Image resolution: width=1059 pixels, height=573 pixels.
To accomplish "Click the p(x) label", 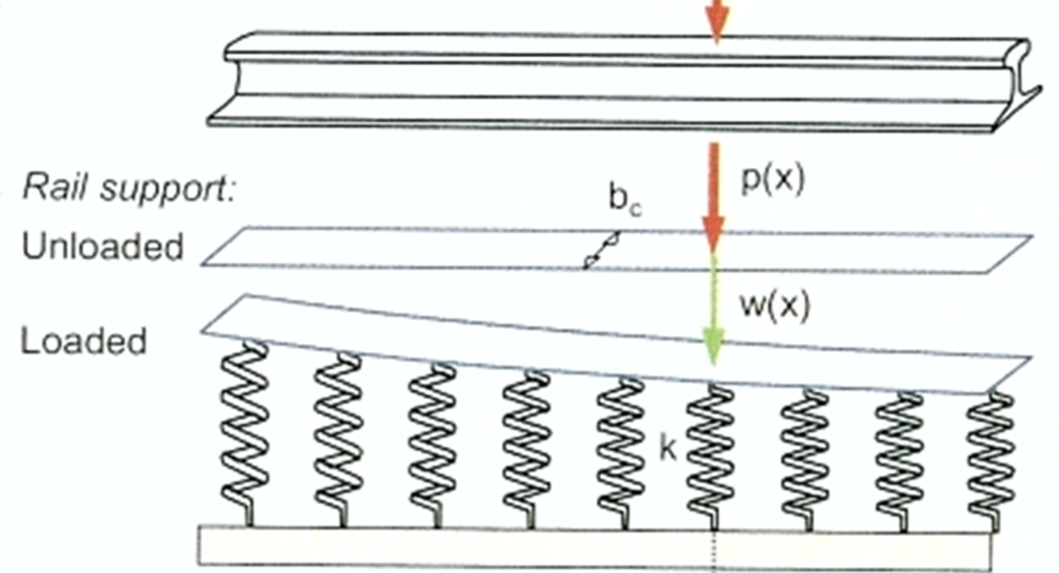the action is tap(772, 180).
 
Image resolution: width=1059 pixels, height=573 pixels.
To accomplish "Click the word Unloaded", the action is tap(103, 246).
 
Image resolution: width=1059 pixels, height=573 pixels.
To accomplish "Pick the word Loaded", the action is tap(83, 340).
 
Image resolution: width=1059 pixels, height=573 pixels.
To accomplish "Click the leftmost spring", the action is tap(245, 434).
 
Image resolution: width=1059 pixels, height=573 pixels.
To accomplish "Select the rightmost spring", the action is tap(990, 461).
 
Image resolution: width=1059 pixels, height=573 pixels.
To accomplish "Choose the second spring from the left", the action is tap(338, 440).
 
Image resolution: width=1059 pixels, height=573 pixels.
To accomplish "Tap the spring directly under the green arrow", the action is tap(711, 457).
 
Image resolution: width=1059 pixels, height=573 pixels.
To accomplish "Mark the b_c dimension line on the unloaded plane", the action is tap(602, 250).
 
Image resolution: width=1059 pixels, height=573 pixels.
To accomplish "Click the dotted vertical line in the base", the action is tap(714, 550).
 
